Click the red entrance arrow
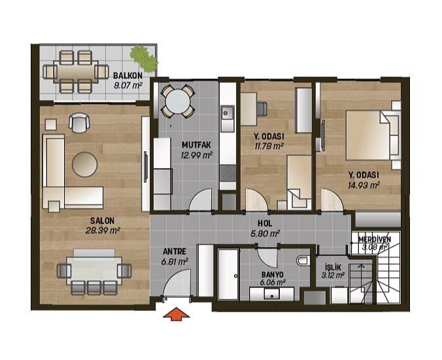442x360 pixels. pyautogui.click(x=176, y=313)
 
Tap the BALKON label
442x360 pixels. pyautogui.click(x=127, y=76)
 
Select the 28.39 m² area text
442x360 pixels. pyautogui.click(x=103, y=231)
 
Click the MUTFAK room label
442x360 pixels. pyautogui.click(x=196, y=145)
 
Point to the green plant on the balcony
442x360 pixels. pyautogui.click(x=144, y=58)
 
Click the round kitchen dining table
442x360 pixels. pyautogui.click(x=178, y=101)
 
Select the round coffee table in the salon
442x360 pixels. pyautogui.click(x=84, y=165)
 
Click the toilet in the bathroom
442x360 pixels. pyautogui.click(x=303, y=260)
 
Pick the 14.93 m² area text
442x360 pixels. pyautogui.click(x=364, y=185)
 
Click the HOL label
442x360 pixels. pyautogui.click(x=265, y=223)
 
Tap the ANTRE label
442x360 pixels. pyautogui.click(x=175, y=251)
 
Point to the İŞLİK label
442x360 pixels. pyautogui.click(x=333, y=267)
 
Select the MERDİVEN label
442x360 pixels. pyautogui.click(x=375, y=239)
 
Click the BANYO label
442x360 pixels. pyautogui.click(x=272, y=274)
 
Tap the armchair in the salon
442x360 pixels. pyautogui.click(x=79, y=123)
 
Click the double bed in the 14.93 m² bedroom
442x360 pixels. pyautogui.click(x=373, y=135)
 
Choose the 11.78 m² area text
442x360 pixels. pyautogui.click(x=269, y=146)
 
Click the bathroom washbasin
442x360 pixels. pyautogui.click(x=272, y=295)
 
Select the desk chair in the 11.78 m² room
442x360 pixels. pyautogui.click(x=262, y=108)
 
